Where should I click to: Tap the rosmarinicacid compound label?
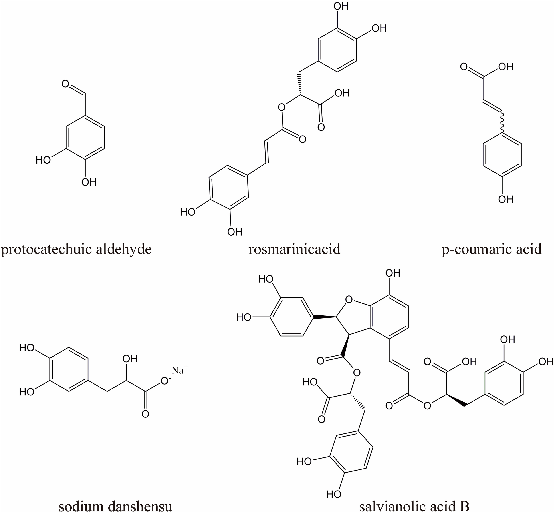point(294,249)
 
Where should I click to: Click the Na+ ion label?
point(180,370)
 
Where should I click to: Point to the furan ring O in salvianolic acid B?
point(349,299)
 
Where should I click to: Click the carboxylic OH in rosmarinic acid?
point(342,93)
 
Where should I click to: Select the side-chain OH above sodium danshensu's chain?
point(130,359)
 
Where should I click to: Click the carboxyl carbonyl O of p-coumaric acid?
point(463,67)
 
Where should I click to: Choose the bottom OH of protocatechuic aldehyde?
point(89,182)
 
